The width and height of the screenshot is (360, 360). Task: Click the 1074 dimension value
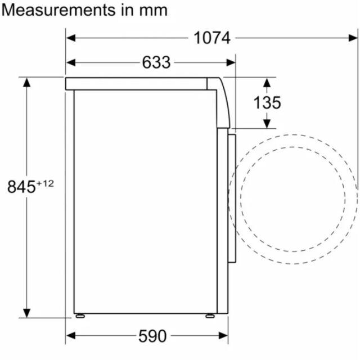pyautogui.click(x=212, y=38)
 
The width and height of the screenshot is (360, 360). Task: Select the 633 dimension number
pyautogui.click(x=156, y=62)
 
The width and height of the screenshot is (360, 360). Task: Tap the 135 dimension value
pyautogui.click(x=267, y=102)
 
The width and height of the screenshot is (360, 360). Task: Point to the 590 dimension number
pyautogui.click(x=152, y=336)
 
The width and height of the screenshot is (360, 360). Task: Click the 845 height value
pyautogui.click(x=21, y=187)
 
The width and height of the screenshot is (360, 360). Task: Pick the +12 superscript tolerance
pyautogui.click(x=45, y=183)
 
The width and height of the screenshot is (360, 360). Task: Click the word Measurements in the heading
pyautogui.click(x=58, y=10)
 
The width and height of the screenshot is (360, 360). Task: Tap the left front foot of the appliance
pyautogui.click(x=80, y=316)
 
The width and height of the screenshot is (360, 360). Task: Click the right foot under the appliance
pyautogui.click(x=210, y=316)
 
